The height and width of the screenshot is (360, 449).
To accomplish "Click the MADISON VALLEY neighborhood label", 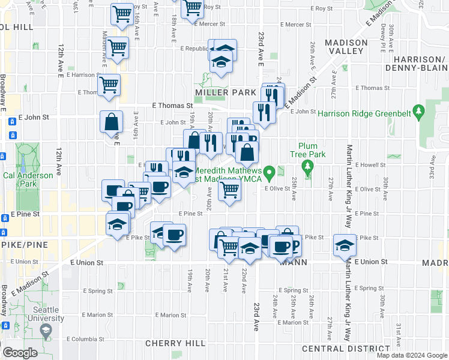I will (x=346, y=47).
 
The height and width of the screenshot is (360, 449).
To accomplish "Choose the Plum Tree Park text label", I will (x=312, y=151).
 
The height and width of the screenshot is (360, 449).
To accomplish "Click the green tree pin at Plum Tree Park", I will (x=309, y=166).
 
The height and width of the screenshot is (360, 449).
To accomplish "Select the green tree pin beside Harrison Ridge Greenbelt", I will (x=420, y=111).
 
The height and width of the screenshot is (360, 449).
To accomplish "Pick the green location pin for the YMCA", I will (x=270, y=173).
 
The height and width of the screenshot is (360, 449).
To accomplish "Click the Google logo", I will (x=20, y=352).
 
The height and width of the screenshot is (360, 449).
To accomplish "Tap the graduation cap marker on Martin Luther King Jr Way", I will (x=345, y=245).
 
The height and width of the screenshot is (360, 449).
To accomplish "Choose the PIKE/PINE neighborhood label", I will (x=20, y=246).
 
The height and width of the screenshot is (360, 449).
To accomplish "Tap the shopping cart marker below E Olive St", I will (x=229, y=191).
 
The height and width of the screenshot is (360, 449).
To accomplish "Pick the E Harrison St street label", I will (x=83, y=75).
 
